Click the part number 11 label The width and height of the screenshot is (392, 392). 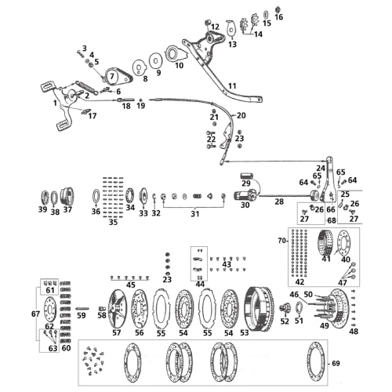click(x=232, y=85)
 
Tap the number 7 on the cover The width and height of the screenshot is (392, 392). click(x=112, y=76)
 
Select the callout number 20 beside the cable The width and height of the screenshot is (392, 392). click(x=241, y=115)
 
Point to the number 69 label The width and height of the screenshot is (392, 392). click(x=336, y=363)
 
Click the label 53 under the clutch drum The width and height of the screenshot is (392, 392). click(x=245, y=332)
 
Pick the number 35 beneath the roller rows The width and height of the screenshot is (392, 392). click(x=113, y=222)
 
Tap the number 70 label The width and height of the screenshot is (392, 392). click(x=282, y=240)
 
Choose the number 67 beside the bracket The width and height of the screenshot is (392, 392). click(x=35, y=314)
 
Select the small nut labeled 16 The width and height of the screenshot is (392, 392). click(x=278, y=9)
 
